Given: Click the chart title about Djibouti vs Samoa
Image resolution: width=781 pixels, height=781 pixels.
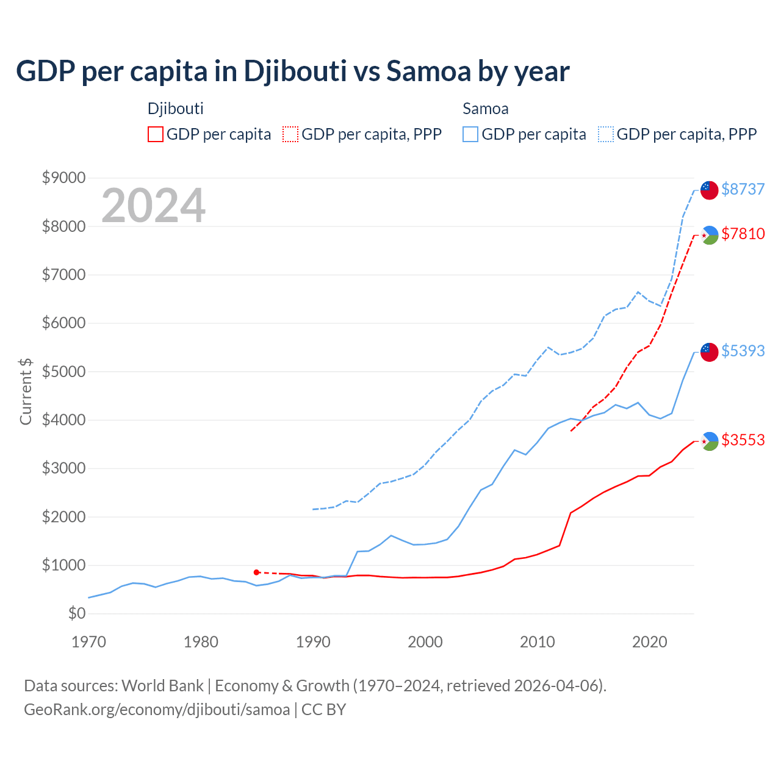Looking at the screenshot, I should pos(293,71).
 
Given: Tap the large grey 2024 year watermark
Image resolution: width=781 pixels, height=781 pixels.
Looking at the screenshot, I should pos(153,206).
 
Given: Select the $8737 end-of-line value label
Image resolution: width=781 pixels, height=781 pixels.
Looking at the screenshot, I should pos(743,189).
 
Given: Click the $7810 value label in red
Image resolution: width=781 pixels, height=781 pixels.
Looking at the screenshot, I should pos(743,234).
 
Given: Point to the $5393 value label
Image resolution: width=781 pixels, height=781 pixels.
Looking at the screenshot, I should pos(743,351).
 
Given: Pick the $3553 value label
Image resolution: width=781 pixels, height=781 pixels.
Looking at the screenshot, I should pos(743,440).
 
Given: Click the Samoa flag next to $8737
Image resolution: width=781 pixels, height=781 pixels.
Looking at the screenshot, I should pos(709,190).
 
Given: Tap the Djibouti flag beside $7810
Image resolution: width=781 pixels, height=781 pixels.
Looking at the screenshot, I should pos(709,235).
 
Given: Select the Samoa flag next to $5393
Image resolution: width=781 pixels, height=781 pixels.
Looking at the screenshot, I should pos(709,351).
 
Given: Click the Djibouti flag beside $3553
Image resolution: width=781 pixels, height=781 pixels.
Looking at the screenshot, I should pos(709,441).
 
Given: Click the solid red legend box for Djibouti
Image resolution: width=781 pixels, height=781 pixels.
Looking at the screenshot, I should pos(156,134).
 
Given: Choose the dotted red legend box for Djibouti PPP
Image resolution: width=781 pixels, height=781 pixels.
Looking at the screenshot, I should pos(290,134).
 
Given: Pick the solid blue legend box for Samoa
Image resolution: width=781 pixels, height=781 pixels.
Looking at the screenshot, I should pos(470,134).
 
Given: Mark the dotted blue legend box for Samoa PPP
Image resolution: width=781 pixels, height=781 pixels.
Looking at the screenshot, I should pos(606,134).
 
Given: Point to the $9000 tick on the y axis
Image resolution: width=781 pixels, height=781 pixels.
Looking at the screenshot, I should pos(63,178).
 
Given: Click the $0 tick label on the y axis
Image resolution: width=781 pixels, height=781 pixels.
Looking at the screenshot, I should pos(76,613).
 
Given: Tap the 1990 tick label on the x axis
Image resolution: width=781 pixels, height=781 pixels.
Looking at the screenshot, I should pos(313,642).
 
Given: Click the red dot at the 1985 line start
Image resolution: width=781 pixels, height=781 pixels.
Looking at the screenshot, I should pos(257,572).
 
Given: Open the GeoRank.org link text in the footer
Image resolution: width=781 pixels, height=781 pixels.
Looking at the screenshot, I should pos(157,710).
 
